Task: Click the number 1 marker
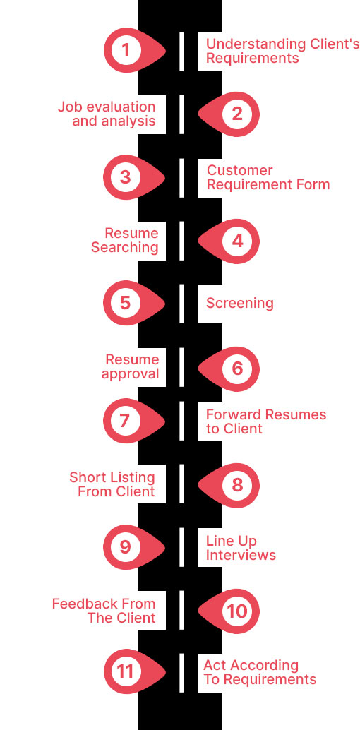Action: tap(126, 50)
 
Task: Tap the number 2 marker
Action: tap(237, 114)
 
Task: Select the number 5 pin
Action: tap(126, 303)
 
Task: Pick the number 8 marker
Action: tap(237, 484)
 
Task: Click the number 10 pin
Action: tap(237, 611)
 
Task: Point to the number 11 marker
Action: tap(126, 671)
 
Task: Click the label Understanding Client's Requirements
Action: tap(282, 51)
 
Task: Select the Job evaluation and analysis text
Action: tap(107, 114)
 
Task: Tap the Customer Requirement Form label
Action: tap(268, 177)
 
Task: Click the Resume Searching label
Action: tap(125, 240)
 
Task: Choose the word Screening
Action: tap(239, 304)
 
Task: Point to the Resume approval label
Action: tap(131, 366)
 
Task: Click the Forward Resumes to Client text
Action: tap(266, 421)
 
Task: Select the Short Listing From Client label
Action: tap(112, 484)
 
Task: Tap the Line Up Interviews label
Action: tap(241, 548)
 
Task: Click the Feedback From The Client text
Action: tap(104, 611)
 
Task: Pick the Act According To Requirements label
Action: tap(259, 672)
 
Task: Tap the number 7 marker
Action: tap(126, 421)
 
